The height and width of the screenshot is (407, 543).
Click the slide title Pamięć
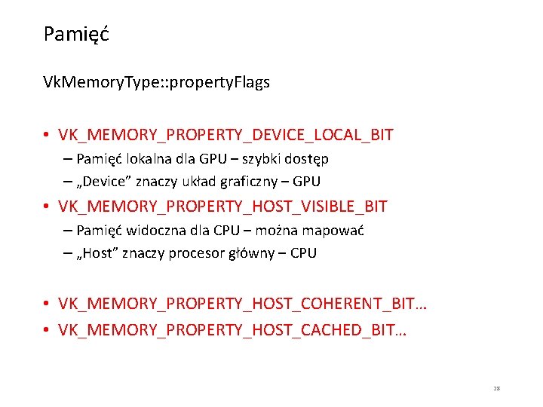click(76, 35)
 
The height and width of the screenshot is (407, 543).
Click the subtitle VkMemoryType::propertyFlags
click(156, 83)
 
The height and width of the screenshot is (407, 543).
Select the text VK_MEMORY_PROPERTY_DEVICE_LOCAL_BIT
click(225, 136)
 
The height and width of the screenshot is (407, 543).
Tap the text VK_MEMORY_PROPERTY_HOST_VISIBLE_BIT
click(222, 207)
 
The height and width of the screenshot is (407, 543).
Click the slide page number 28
click(497, 388)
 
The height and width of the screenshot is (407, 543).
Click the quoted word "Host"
click(97, 253)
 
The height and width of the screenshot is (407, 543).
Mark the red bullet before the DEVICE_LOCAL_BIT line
click(47, 136)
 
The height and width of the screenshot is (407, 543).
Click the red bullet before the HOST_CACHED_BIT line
click(47, 330)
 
